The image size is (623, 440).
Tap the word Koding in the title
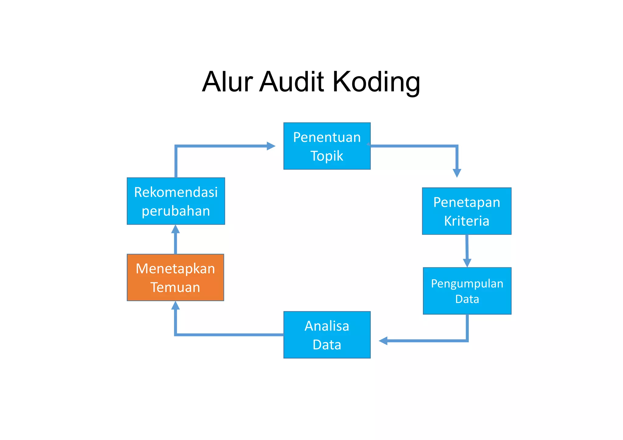pos(376,82)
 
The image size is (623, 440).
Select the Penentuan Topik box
pos(327,146)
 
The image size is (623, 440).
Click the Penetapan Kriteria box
pos(466,211)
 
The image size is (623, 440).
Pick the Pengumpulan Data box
pos(467,291)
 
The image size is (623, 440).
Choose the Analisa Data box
pos(327,335)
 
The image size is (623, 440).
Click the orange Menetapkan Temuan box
pos(175,277)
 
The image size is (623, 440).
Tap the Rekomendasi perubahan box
pos(176,201)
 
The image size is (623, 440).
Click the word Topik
pos(327,156)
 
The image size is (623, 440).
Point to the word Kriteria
pos(467,221)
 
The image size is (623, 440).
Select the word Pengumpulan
pos(467,284)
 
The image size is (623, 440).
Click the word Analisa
pos(327,326)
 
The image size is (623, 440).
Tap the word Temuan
pos(175,287)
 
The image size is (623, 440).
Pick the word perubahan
pos(176,211)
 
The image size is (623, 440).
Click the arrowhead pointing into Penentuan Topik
pos(271,146)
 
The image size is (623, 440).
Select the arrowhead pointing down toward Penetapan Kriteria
pos(457,173)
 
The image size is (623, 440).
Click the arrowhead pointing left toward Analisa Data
pos(383,341)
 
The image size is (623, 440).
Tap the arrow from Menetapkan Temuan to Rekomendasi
pos(176,240)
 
